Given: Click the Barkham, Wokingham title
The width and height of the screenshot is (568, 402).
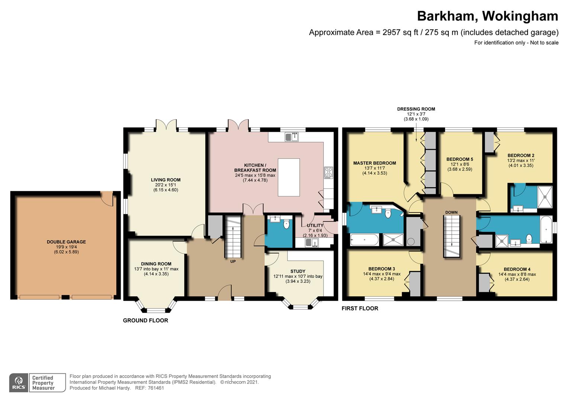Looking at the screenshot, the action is click(x=487, y=16).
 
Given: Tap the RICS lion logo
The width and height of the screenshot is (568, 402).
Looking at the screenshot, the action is click(x=19, y=382).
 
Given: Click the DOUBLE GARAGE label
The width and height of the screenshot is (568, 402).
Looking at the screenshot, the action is click(x=66, y=242).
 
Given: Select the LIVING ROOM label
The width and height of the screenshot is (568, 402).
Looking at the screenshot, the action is click(x=165, y=180).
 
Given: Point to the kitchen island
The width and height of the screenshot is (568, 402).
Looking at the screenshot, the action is click(x=289, y=177).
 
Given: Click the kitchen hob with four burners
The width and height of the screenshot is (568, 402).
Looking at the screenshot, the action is click(x=329, y=172).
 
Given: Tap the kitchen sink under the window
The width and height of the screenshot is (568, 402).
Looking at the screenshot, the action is click(x=291, y=137).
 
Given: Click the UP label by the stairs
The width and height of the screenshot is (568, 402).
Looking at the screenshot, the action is click(x=233, y=261).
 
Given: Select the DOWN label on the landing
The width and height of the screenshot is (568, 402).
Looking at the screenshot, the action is click(x=451, y=212).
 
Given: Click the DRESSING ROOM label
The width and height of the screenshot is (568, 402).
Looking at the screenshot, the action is click(x=416, y=109).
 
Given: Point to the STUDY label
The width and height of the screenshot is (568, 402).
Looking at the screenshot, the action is click(x=298, y=271).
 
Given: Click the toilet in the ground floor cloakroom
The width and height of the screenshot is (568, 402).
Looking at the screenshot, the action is click(x=286, y=224).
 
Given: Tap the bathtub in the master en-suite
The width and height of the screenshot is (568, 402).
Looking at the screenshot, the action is click(x=364, y=239).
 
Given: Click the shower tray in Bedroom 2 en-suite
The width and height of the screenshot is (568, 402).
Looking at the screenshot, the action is click(x=545, y=197).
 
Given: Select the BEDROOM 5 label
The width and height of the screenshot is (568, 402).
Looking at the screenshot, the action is click(x=460, y=159).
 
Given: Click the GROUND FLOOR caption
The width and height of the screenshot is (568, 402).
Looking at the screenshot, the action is click(x=146, y=320).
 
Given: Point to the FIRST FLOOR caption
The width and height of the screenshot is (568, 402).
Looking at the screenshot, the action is click(x=360, y=308).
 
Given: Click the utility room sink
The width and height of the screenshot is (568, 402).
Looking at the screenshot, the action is click(x=312, y=243).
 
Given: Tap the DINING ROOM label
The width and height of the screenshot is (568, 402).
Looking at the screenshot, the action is click(x=156, y=264).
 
